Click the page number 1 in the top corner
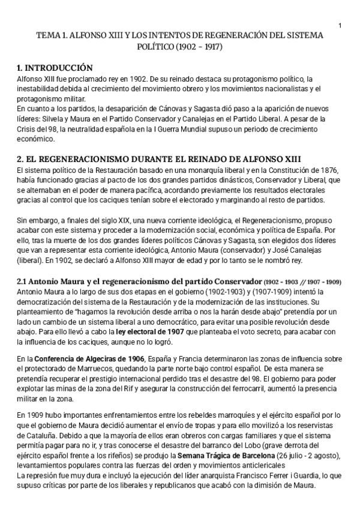tap(340, 25)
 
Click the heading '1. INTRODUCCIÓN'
tap(55, 67)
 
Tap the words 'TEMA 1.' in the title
tap(52, 35)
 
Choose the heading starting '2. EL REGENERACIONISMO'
tap(158, 159)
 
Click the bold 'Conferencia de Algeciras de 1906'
tap(89, 359)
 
